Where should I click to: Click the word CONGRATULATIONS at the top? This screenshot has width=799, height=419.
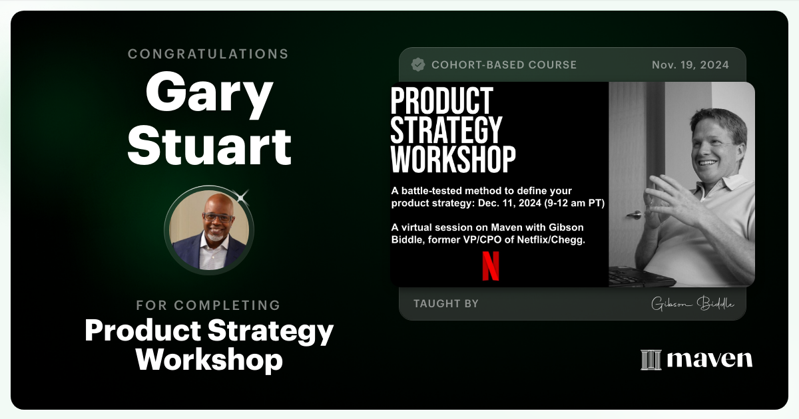pos(208,54)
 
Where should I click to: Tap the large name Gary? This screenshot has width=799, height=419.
pos(208,96)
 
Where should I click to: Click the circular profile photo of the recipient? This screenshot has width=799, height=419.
pos(209,229)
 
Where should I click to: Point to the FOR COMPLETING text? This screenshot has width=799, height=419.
pos(208,305)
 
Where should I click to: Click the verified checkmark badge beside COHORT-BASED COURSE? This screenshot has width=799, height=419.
pos(418,65)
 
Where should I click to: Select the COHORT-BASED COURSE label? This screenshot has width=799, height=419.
pos(504,65)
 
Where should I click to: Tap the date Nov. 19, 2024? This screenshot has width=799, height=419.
pos(690,65)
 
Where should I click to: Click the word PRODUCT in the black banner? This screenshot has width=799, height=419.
pos(441,100)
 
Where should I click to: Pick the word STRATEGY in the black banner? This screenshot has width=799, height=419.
pos(446,130)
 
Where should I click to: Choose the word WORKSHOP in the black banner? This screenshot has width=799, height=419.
pos(453,159)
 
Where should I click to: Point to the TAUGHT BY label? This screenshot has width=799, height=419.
pos(445,304)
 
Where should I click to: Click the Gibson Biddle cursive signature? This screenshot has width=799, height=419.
pos(692,304)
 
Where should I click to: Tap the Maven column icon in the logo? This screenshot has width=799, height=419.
pos(651,360)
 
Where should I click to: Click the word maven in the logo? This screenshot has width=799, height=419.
pos(709,360)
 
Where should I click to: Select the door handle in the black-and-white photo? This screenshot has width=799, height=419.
pos(633,215)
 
